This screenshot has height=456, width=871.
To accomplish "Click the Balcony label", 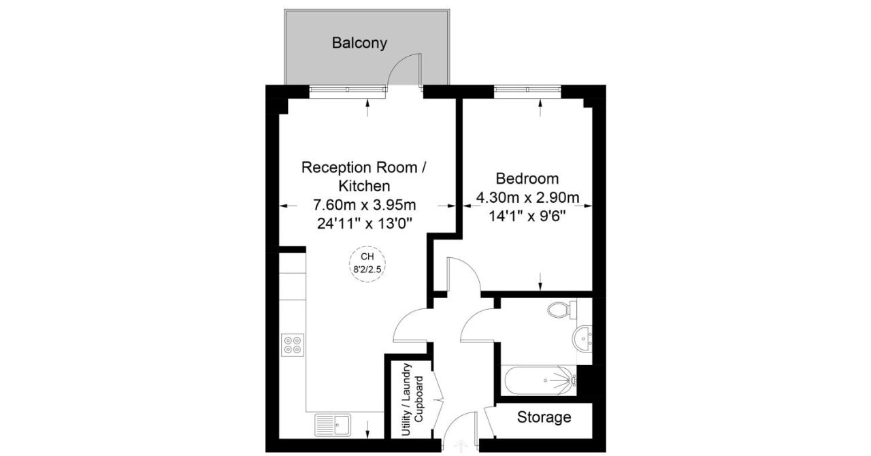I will click(x=359, y=43).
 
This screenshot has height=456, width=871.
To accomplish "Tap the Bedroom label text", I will click(x=527, y=179).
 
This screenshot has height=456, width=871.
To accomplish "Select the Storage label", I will click(x=544, y=417).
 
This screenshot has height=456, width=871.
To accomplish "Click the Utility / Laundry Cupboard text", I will click(x=412, y=400).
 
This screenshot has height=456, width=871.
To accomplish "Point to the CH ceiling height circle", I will click(x=367, y=263).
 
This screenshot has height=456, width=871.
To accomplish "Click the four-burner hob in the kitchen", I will click(x=293, y=345).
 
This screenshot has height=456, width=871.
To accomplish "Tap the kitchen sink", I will click(x=332, y=425).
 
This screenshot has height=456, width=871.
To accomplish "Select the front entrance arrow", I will click(x=461, y=446).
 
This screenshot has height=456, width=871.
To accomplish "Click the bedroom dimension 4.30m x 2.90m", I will click(x=527, y=199).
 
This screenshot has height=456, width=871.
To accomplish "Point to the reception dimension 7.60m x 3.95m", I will click(x=364, y=204).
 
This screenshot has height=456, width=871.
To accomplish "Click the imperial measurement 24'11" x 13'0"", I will click(x=364, y=223).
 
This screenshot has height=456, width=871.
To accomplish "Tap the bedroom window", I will click(x=527, y=88).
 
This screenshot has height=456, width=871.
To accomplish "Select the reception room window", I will click(x=347, y=88).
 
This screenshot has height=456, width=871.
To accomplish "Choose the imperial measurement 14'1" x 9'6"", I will click(x=527, y=216).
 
